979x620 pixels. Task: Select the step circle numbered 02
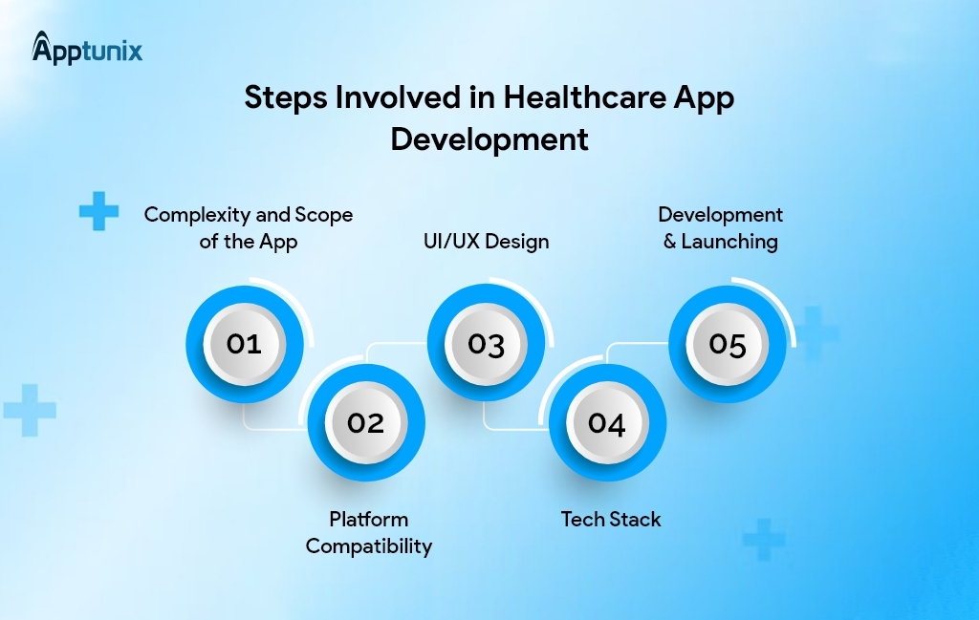coord(365,423)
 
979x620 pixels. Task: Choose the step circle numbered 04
coord(606,423)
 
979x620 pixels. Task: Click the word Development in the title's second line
coord(489,139)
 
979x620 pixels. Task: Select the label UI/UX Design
coord(486,241)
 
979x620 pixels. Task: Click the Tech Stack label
coord(611,520)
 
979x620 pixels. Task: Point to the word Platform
coord(368,520)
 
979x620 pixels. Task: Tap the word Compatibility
coord(368,546)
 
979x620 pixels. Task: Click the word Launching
coord(729,242)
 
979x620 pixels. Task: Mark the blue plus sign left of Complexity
coord(98,211)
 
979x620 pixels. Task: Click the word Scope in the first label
coord(321,215)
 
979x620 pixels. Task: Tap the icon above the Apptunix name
coord(42,42)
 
